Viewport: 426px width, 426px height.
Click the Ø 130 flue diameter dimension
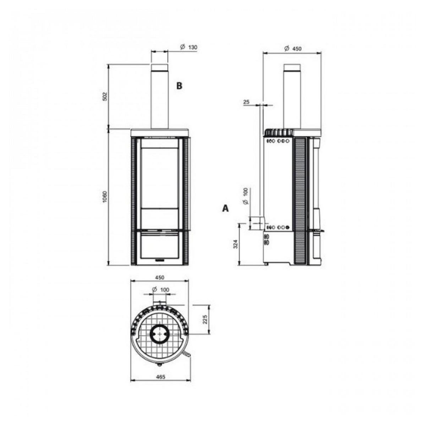188,47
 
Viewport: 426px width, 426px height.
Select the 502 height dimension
104,96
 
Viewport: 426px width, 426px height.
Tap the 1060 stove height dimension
104,197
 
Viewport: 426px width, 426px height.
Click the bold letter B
180,86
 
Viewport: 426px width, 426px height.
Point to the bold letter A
225,208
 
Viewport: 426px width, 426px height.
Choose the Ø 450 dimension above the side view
293,49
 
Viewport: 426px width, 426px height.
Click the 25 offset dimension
246,102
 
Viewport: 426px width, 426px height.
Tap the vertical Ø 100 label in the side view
245,196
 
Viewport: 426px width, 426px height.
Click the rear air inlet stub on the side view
257,223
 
